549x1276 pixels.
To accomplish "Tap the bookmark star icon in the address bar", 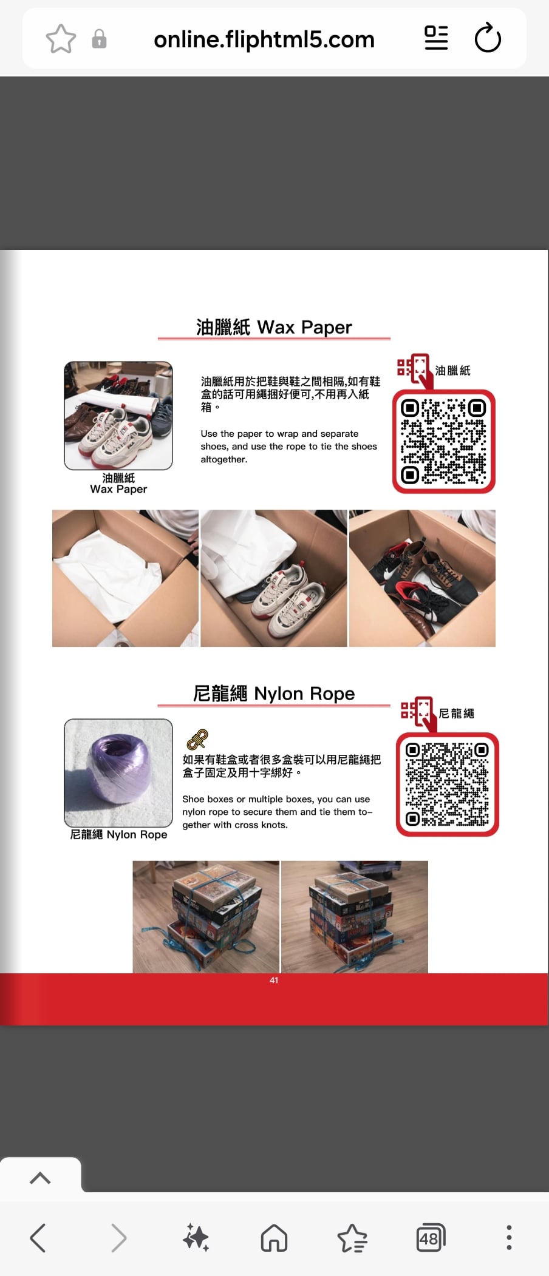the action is [x=61, y=39].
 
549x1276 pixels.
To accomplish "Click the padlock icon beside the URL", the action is [x=99, y=39].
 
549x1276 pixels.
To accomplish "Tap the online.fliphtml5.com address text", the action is [x=264, y=39].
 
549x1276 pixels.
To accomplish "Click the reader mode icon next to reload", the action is [x=436, y=38].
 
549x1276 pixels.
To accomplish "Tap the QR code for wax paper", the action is [x=444, y=441].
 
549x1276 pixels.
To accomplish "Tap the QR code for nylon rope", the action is [x=448, y=785].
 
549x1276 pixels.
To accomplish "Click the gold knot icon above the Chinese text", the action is [x=197, y=740].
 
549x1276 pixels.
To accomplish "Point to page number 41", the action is [x=274, y=980].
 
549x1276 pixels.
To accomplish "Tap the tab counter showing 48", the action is [x=431, y=1238].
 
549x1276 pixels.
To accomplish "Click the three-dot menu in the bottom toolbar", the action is [x=509, y=1238].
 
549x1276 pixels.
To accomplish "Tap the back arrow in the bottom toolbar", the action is [x=38, y=1238].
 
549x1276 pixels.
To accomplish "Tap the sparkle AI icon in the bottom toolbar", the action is [x=196, y=1238].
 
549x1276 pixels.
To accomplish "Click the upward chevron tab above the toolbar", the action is [x=40, y=1178].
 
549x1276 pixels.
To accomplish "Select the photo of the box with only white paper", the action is [x=125, y=578].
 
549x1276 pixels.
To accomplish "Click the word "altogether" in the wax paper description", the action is [x=224, y=459].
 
